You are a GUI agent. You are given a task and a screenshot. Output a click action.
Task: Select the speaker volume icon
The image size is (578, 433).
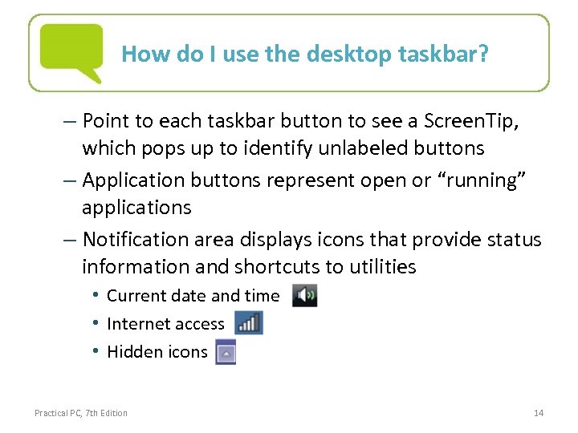click(304, 295)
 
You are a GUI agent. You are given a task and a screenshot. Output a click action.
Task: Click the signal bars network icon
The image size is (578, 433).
click(249, 323)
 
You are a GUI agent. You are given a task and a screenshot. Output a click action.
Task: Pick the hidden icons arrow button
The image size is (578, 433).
click(226, 352)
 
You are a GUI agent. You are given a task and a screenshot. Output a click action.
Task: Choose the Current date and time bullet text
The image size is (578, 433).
click(193, 296)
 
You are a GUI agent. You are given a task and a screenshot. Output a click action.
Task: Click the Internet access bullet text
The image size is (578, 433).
click(165, 324)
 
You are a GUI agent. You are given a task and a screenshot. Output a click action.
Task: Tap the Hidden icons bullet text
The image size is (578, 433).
click(157, 352)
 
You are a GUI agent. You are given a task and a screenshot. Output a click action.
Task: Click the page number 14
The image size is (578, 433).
click(539, 413)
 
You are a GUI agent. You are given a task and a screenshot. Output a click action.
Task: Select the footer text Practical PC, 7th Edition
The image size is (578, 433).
click(81, 413)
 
